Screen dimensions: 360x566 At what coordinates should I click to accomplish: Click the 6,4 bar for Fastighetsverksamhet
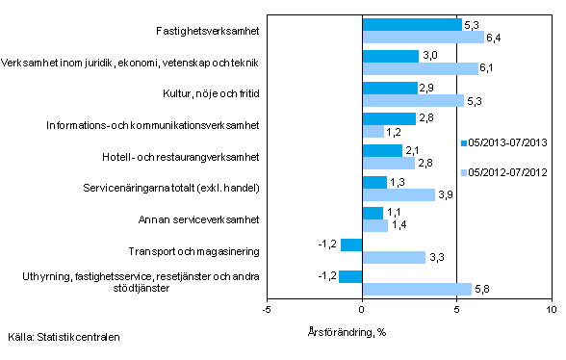(423, 38)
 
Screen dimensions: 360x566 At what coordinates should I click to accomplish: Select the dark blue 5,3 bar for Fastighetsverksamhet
(412, 24)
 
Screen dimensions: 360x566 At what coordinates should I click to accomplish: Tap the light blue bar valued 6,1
(420, 68)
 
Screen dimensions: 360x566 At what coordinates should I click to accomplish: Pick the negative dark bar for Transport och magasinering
(350, 244)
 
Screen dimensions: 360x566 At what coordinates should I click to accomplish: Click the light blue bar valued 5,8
(417, 288)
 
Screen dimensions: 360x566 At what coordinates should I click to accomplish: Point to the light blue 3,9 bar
(399, 194)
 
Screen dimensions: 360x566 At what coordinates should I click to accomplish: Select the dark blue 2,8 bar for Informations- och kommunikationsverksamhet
(388, 118)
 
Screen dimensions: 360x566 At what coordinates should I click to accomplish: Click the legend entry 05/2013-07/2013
(508, 143)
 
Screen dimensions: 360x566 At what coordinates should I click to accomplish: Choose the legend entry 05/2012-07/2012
(508, 173)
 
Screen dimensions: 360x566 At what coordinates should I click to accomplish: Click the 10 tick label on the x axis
(551, 310)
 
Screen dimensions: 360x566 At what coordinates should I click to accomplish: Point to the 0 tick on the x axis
(362, 310)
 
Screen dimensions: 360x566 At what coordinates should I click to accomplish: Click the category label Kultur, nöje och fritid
(206, 93)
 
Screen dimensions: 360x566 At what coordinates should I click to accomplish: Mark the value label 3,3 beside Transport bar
(435, 257)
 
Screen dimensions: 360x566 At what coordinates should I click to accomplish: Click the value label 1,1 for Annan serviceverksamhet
(395, 213)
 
